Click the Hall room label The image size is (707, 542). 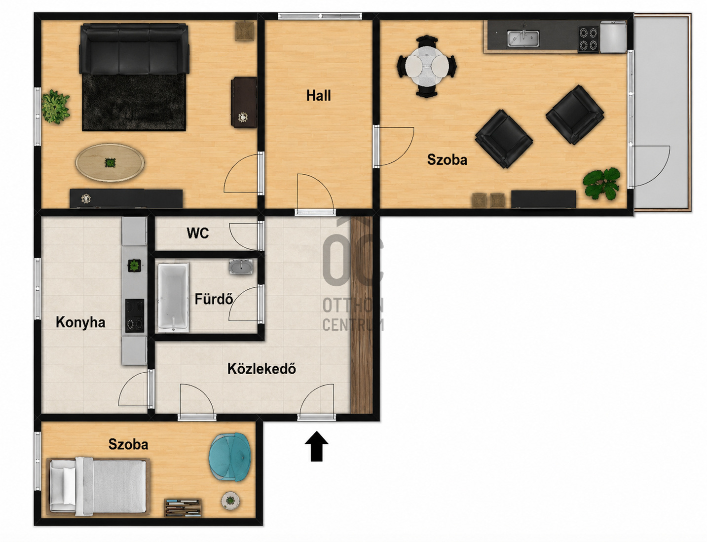click(x=319, y=96)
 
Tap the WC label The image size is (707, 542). click(x=198, y=233)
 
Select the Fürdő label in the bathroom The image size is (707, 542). click(x=214, y=299)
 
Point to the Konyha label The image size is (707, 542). click(x=80, y=322)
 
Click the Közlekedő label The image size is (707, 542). click(x=261, y=369)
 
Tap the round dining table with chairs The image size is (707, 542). click(x=426, y=66)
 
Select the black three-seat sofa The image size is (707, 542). click(x=134, y=49)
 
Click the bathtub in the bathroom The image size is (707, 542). click(x=173, y=298)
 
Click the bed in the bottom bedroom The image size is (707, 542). click(x=98, y=486)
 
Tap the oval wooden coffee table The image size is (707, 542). click(x=110, y=162)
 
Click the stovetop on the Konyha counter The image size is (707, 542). click(x=135, y=315)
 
